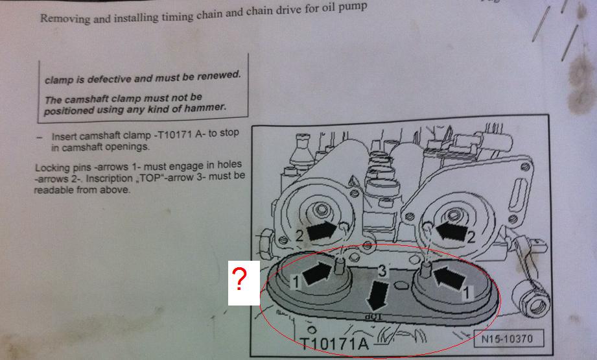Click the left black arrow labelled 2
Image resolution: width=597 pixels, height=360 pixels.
[322, 231]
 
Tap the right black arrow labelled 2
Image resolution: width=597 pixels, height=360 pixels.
[451, 231]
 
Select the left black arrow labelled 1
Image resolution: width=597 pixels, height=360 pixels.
[318, 273]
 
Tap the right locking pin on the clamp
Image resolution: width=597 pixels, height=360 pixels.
[427, 270]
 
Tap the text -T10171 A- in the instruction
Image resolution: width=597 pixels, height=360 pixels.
[180, 134]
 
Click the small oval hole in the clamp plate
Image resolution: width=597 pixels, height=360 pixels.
[400, 285]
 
